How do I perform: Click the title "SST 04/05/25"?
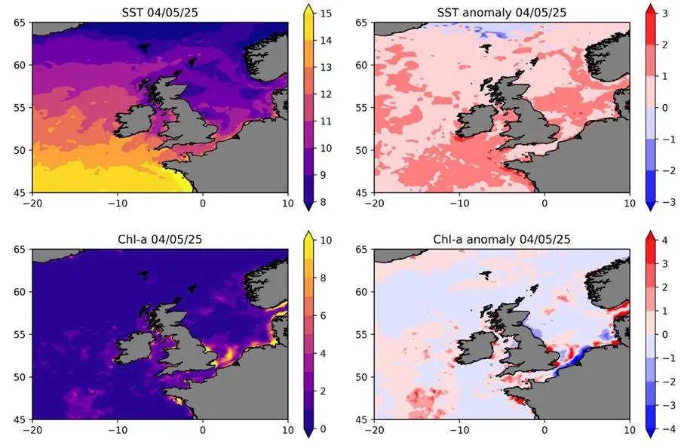pyautogui.click(x=160, y=13)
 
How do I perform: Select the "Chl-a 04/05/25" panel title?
pyautogui.click(x=160, y=239)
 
